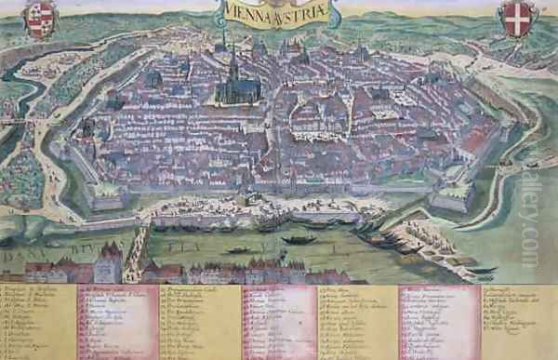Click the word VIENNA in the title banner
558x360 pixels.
(244, 13)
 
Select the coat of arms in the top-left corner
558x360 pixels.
(40, 19)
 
